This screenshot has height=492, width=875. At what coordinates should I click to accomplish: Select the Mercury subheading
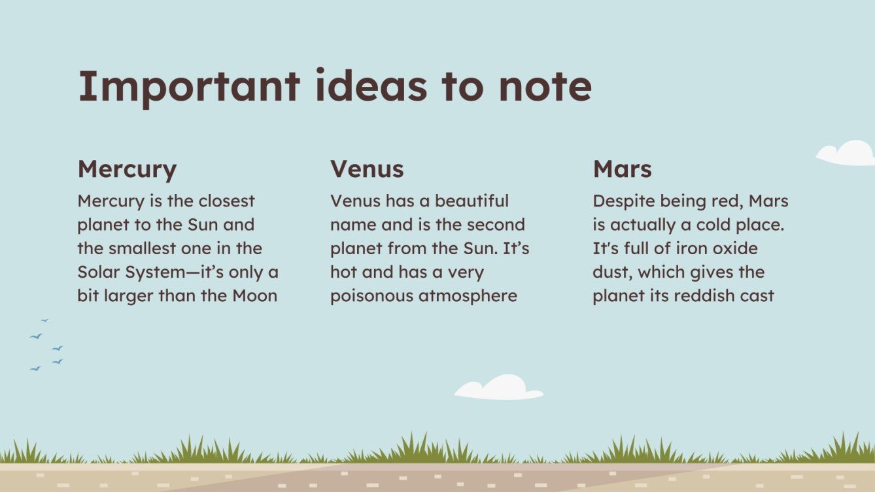pyautogui.click(x=127, y=170)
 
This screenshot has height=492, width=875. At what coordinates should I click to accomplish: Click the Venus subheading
pyautogui.click(x=367, y=169)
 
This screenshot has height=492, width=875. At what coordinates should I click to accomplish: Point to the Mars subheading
pyautogui.click(x=622, y=169)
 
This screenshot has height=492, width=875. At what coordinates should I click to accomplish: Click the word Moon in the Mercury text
pyautogui.click(x=254, y=295)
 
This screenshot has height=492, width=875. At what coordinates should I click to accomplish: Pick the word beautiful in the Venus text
pyautogui.click(x=472, y=201)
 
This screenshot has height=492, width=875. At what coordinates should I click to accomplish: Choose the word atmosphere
pyautogui.click(x=468, y=296)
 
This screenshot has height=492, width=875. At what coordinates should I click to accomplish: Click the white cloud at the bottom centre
pyautogui.click(x=500, y=388)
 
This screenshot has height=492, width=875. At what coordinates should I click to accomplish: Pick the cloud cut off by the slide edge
pyautogui.click(x=848, y=154)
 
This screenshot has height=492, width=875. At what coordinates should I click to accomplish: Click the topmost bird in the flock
pyautogui.click(x=45, y=320)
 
